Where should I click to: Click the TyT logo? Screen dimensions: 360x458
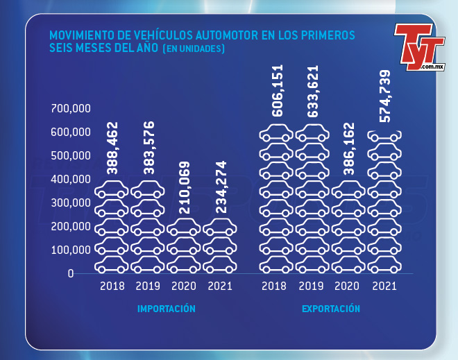tap(418, 47)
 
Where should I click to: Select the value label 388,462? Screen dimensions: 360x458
tap(112, 148)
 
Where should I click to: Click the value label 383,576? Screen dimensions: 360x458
tap(148, 148)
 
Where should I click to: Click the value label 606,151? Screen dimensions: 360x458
tap(277, 92)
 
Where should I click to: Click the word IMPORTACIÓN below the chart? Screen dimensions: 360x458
tap(167, 309)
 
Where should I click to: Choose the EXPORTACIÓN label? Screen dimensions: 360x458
tap(331, 309)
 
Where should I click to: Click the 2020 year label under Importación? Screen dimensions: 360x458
tap(184, 286)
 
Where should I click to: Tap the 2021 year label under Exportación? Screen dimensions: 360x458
tap(384, 286)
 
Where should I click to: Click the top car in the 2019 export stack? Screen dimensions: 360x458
tap(313, 132)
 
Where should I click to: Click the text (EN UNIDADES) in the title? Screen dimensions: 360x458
tap(193, 50)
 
